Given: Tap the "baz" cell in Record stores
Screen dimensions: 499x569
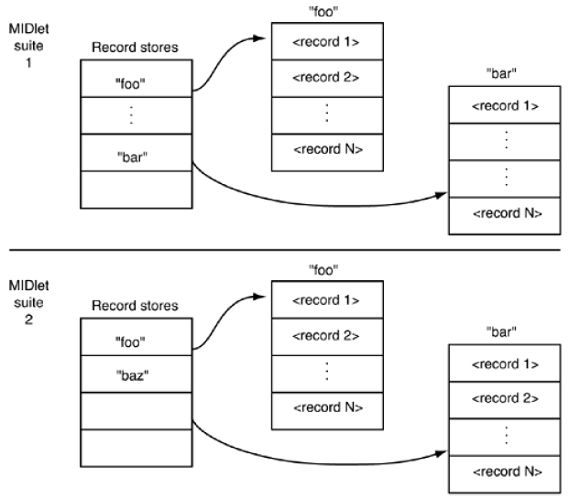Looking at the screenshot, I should pos(136,375).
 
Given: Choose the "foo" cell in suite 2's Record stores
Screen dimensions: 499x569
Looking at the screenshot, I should pos(136,340).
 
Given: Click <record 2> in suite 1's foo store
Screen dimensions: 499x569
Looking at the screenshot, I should pos(327,76).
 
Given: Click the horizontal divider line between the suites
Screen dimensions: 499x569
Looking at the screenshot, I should pos(284,250).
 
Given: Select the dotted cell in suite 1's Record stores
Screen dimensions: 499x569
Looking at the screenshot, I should pos(136,115).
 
